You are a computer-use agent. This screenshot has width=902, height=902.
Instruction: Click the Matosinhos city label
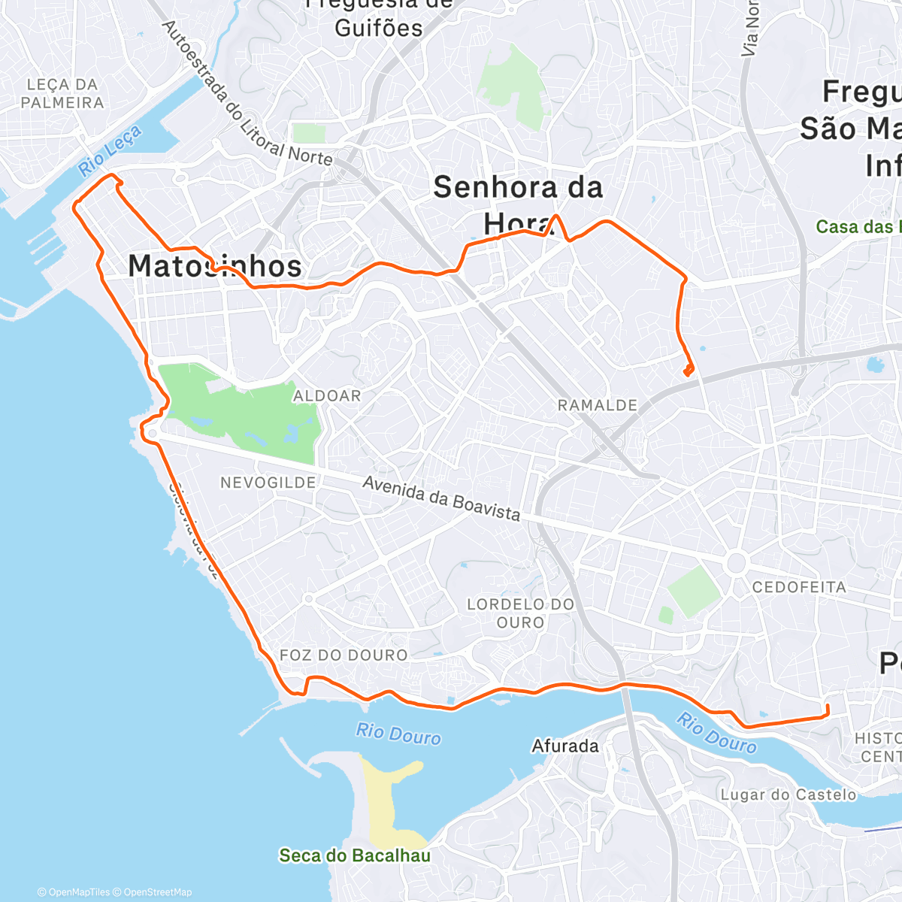(215, 266)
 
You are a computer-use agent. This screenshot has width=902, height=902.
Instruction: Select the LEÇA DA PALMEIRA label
(62, 94)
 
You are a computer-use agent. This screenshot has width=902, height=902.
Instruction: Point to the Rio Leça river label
(110, 151)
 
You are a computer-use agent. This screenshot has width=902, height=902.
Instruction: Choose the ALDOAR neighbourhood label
(327, 396)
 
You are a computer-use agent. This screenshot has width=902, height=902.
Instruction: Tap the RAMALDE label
(598, 406)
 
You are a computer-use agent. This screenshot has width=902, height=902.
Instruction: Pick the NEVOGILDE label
(268, 483)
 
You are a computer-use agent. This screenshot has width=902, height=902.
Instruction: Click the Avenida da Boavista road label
(441, 498)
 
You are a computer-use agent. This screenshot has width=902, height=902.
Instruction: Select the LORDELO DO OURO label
(520, 613)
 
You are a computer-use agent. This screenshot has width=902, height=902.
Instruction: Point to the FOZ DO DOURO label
(344, 655)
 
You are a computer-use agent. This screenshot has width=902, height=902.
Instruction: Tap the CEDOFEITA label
(799, 587)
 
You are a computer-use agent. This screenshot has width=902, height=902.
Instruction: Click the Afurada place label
(565, 746)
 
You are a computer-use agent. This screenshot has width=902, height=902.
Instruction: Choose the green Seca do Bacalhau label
(355, 855)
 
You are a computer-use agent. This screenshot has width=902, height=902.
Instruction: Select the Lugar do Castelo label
(788, 795)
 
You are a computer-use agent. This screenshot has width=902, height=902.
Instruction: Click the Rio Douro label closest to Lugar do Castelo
(716, 733)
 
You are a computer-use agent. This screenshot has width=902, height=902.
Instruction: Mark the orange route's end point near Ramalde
(688, 370)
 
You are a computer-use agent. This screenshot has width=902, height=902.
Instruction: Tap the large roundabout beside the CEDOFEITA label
(736, 562)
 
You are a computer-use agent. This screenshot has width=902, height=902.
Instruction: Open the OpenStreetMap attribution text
(157, 892)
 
